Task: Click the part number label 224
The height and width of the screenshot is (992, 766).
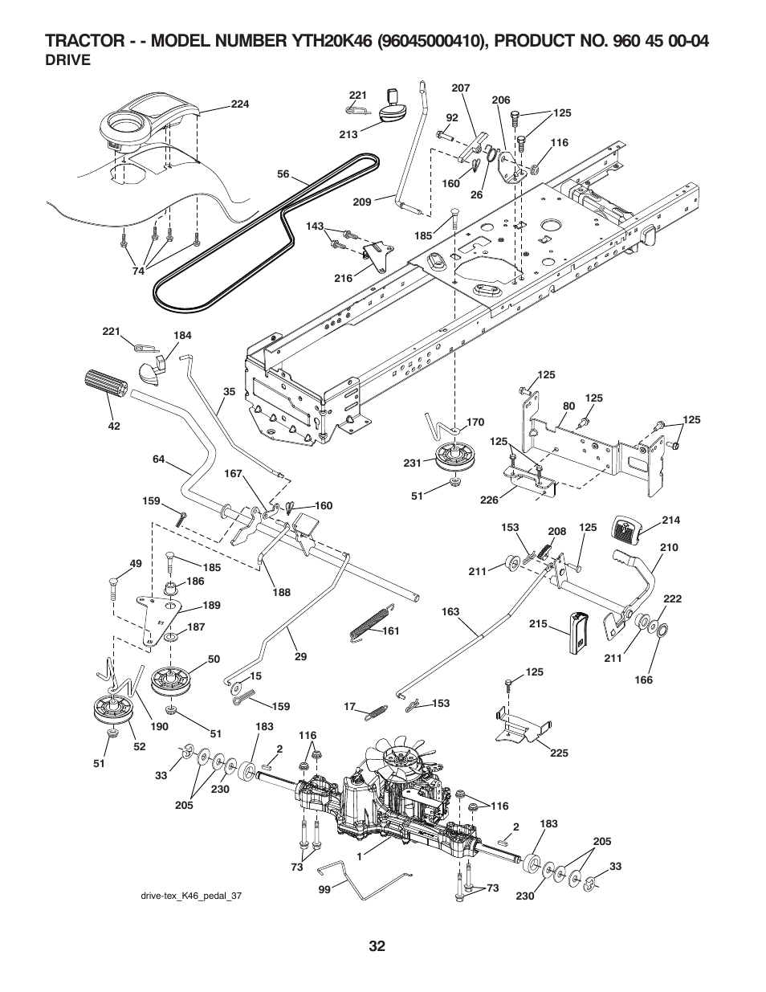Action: pos(241,104)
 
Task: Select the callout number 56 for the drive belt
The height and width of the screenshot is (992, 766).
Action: pos(283,173)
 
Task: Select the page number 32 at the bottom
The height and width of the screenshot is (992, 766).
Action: pos(378,946)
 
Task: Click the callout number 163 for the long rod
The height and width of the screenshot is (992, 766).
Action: pos(450,611)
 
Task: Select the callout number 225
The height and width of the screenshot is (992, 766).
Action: pos(560,753)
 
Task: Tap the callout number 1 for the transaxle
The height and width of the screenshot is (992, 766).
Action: pos(360,856)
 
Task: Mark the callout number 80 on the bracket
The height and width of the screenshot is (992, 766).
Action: pos(569,406)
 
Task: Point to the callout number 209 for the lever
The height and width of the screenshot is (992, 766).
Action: pos(362,202)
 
